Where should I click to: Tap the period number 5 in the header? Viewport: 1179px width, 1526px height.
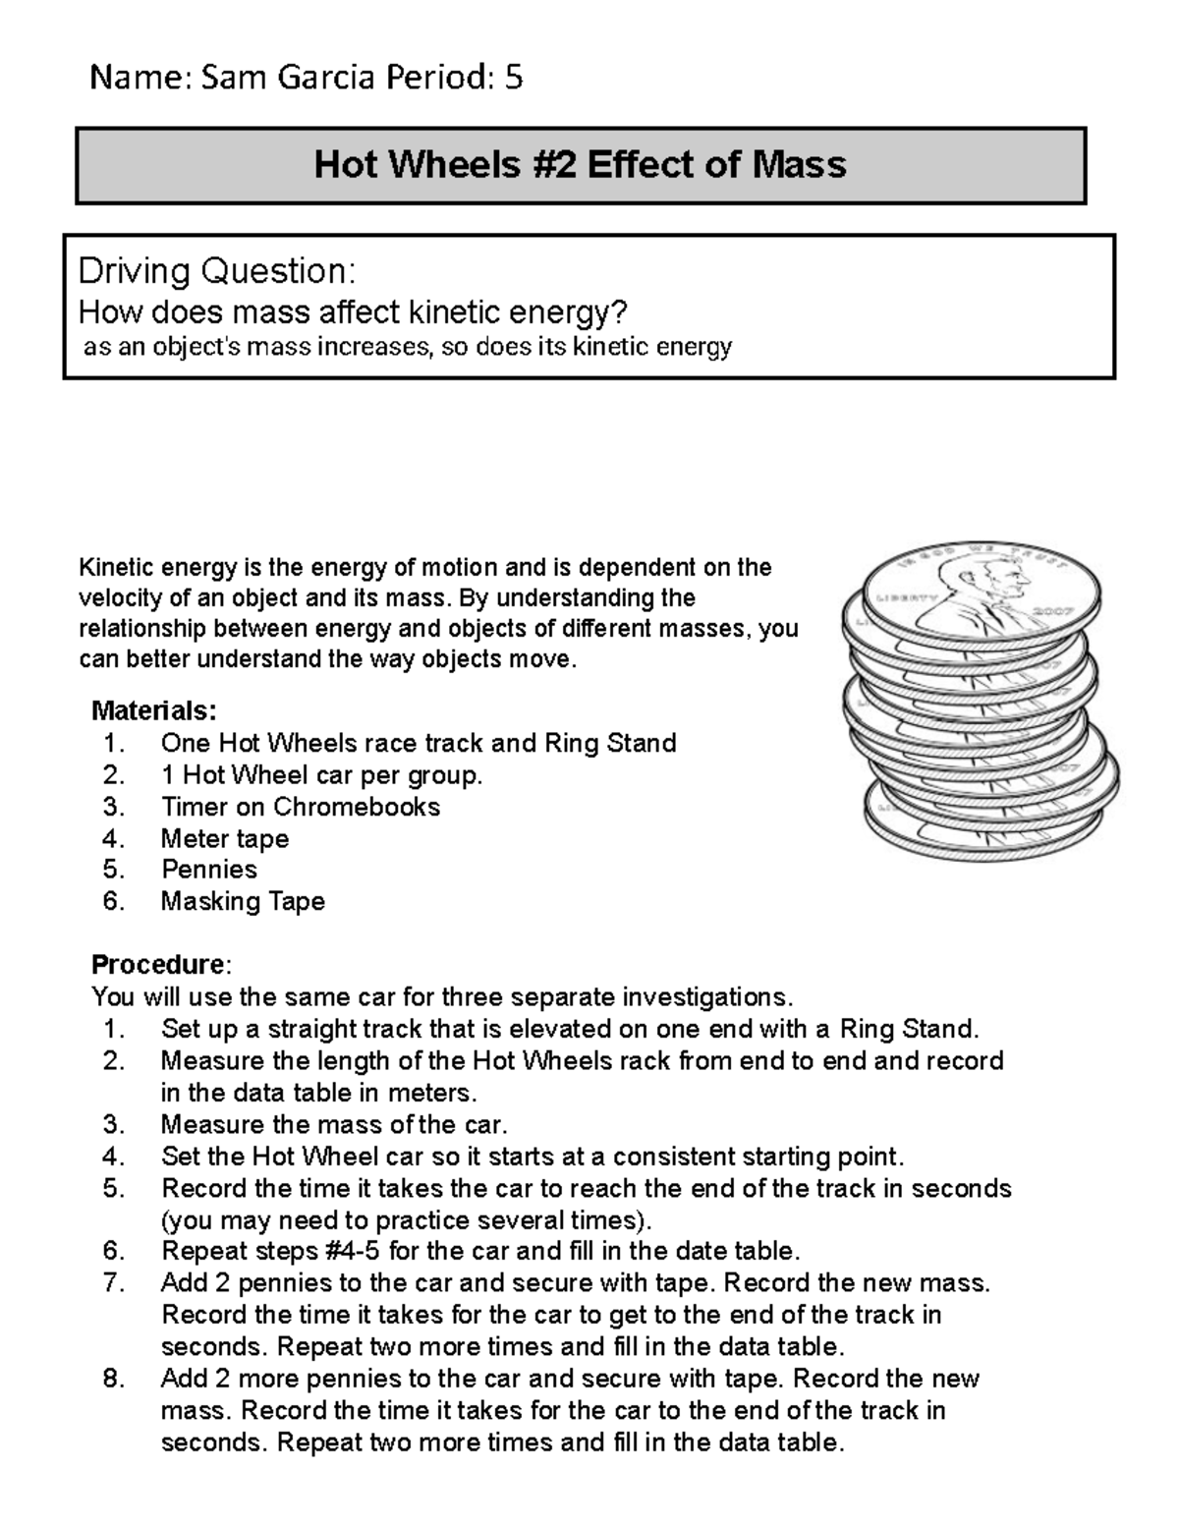click(x=513, y=77)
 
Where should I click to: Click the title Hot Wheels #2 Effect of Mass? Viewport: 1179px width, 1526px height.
click(x=580, y=164)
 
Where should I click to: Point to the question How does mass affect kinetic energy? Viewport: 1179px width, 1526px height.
click(x=352, y=312)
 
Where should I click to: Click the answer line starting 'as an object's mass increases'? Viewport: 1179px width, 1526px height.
click(x=408, y=347)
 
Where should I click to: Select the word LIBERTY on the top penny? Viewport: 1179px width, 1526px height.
click(x=897, y=598)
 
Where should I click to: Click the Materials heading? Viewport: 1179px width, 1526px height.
click(x=153, y=710)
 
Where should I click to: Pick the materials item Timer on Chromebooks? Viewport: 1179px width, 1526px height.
click(x=300, y=807)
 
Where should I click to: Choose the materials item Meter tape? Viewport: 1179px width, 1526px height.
click(x=225, y=838)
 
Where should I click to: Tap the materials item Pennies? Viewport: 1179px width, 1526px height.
click(x=209, y=870)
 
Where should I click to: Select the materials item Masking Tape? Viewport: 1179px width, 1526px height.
click(x=243, y=901)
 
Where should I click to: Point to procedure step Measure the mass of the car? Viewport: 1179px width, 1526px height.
click(x=334, y=1124)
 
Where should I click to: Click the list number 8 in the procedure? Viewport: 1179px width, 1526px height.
click(x=114, y=1379)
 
